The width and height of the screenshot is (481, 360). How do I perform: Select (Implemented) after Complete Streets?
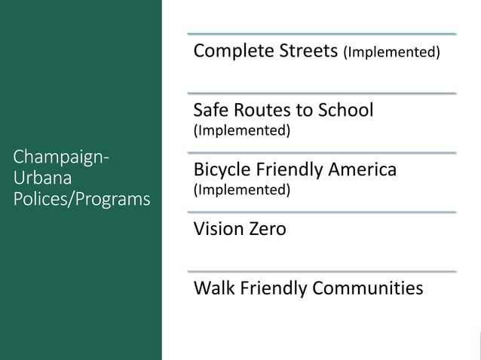coord(391,53)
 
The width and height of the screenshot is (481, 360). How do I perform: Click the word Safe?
coord(210,110)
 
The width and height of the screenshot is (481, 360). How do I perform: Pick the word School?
coord(345,110)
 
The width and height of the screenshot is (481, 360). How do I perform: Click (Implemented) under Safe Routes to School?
coord(242,130)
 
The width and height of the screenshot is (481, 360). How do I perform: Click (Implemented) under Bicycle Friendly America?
coord(242,190)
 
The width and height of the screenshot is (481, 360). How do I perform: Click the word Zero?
coord(268,229)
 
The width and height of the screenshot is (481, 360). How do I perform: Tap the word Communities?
coord(368,288)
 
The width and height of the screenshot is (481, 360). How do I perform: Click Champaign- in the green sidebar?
coord(61,159)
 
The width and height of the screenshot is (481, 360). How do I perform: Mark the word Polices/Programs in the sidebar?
coord(81,200)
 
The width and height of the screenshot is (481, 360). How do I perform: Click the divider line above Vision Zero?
coord(322,212)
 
